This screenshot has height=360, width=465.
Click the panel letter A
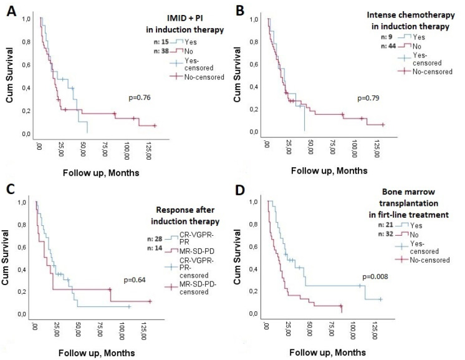(x=11, y=11)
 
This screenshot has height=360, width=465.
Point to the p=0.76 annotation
(x=138, y=97)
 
